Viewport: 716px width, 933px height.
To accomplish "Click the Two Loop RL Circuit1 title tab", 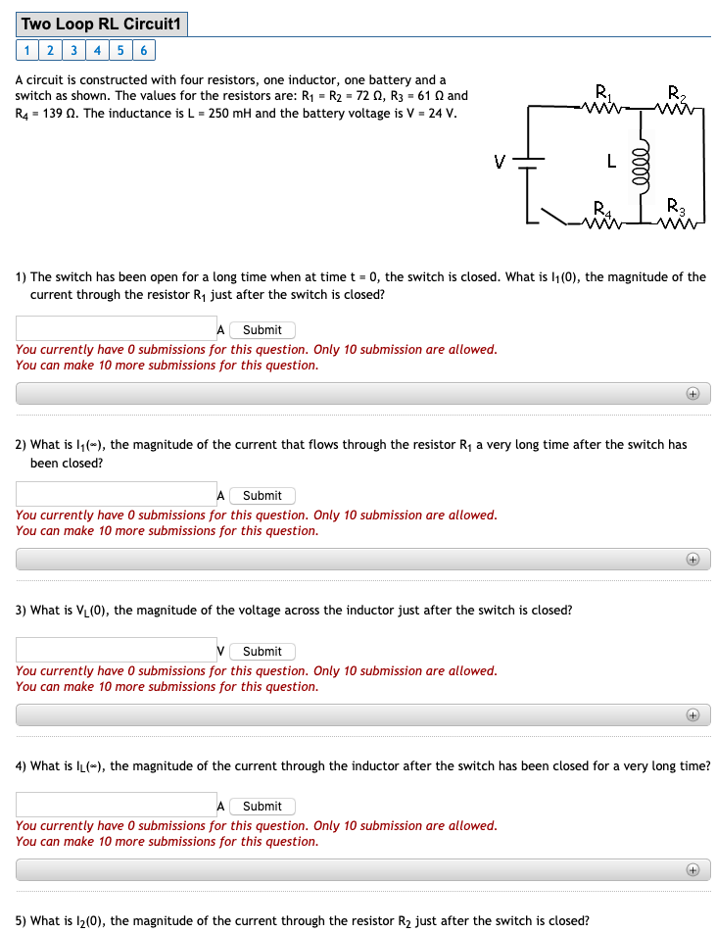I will [102, 24].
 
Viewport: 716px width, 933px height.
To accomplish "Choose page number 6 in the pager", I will [143, 51].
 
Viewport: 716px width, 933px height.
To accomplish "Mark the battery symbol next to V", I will [529, 163].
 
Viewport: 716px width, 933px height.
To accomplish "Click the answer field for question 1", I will [116, 329].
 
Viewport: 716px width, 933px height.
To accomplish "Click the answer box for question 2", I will [116, 495].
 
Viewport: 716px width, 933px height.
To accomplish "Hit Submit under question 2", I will [262, 496].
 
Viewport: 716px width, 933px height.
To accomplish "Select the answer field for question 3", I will [116, 651].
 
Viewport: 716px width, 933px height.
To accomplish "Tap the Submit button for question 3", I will [262, 652].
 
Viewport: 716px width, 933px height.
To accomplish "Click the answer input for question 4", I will [116, 806].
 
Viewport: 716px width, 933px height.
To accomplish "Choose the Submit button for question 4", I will [262, 807].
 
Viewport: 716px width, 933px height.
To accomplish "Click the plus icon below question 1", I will [692, 394].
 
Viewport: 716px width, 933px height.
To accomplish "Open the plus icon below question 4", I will [692, 870].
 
